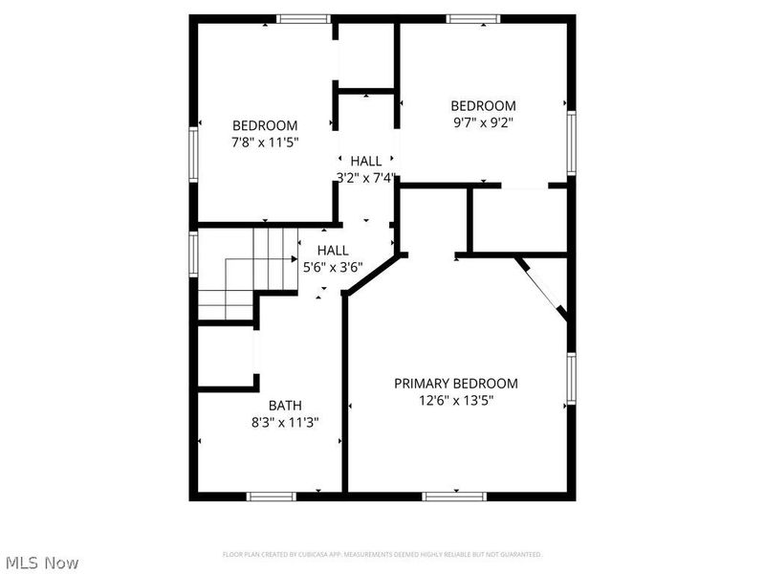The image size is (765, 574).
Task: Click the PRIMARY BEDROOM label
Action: pos(456,384)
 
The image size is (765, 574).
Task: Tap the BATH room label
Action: pos(285,405)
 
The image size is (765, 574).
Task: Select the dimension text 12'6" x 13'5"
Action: pos(456,401)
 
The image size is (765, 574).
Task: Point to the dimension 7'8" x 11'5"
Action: pos(265,143)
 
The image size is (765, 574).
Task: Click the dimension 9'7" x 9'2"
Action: pos(483,122)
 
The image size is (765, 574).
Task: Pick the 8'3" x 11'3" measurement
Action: pos(285,422)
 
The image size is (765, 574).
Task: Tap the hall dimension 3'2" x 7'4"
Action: pos(365,177)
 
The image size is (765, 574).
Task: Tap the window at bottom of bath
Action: pos(271,496)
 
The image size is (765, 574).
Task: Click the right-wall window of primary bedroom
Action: pos(571,379)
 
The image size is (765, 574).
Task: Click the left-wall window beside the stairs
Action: pos(194,254)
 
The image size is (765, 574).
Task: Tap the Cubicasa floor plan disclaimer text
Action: pos(382,555)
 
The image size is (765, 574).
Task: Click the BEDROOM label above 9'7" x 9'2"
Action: pos(483,105)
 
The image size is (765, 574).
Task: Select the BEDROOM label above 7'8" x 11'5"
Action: pos(265,125)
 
